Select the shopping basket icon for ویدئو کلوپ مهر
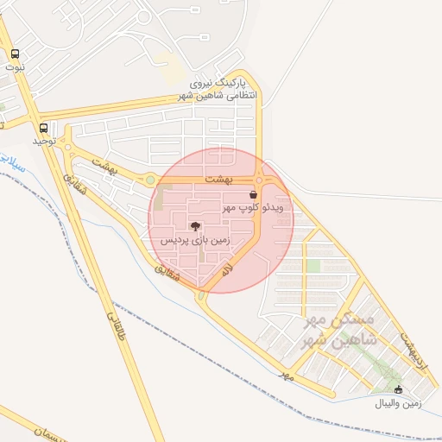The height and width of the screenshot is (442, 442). [x=253, y=195]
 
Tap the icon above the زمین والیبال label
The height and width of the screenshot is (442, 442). [x=397, y=389]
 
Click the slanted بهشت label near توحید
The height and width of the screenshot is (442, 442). [x=103, y=163]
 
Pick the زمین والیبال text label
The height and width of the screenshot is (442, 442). [x=398, y=403]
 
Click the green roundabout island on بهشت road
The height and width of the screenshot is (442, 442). [x=150, y=180]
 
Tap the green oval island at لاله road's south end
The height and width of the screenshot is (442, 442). [x=201, y=296]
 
